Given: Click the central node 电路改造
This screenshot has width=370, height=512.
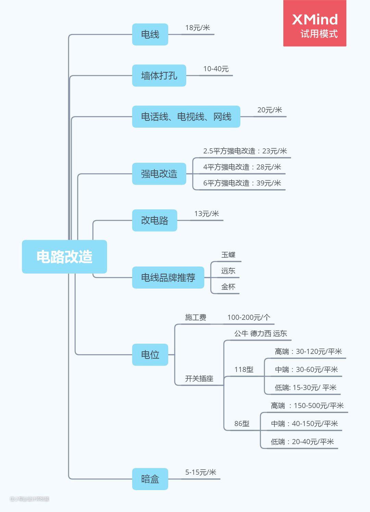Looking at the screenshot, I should pos(64,257).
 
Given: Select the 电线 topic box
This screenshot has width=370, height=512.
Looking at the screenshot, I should pos(150,34).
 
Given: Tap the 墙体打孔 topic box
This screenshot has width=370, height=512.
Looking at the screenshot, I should pos(159,75).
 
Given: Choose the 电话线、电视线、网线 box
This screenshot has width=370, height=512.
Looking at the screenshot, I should pos(186,117).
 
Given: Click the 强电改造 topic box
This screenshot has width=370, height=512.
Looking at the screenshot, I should pos(159,174).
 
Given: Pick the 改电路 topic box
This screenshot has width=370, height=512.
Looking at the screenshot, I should pos(155,220).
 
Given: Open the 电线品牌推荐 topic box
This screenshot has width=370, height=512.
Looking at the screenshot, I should pos(168,277).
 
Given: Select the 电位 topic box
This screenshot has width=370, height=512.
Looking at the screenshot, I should pos(150,354).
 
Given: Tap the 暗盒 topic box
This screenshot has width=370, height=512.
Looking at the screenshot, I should pos(150,479).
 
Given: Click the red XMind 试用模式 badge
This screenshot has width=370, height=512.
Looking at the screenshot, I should pos(314,23).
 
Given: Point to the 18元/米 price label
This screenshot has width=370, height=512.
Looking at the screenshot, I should pos(197,28).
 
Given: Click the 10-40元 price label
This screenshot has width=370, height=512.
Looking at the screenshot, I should pos(216,69).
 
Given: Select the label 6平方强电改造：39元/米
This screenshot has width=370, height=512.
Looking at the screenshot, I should pos(242,183).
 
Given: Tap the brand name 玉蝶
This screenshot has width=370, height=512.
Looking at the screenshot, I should pos(228,255).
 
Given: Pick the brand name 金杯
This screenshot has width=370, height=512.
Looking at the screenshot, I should pos(228,287).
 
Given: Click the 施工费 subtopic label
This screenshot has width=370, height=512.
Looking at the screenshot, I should pos(196,317).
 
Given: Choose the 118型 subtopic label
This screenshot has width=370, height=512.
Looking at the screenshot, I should pos(244,369).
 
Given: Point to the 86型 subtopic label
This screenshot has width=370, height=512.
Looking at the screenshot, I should pos(242,424).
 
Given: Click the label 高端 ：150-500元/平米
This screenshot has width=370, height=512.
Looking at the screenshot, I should pos(307,406).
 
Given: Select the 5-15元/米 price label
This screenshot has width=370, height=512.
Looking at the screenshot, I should pos(201,472).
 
